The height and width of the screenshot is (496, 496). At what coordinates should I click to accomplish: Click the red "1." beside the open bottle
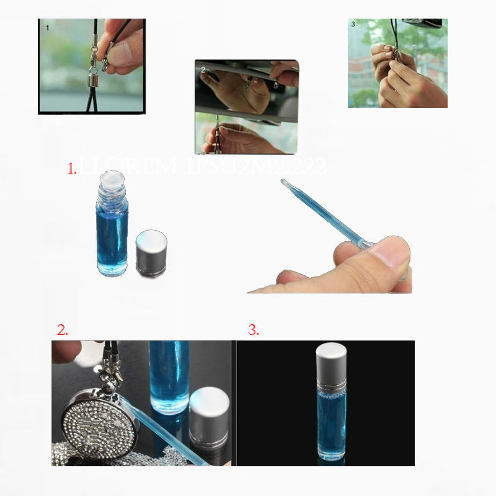click(72, 169)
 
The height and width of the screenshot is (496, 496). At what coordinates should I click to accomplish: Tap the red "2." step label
click(62, 330)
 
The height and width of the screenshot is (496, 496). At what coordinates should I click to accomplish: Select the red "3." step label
click(253, 330)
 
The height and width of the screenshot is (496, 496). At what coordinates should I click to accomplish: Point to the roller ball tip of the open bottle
click(112, 180)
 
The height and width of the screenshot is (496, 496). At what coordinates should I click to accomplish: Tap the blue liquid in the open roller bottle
click(112, 239)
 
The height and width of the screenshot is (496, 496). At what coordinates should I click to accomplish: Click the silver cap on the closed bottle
click(330, 360)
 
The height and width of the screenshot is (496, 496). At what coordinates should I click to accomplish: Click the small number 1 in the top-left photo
click(47, 28)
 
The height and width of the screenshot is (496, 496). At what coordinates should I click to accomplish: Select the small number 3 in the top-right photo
click(353, 25)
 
